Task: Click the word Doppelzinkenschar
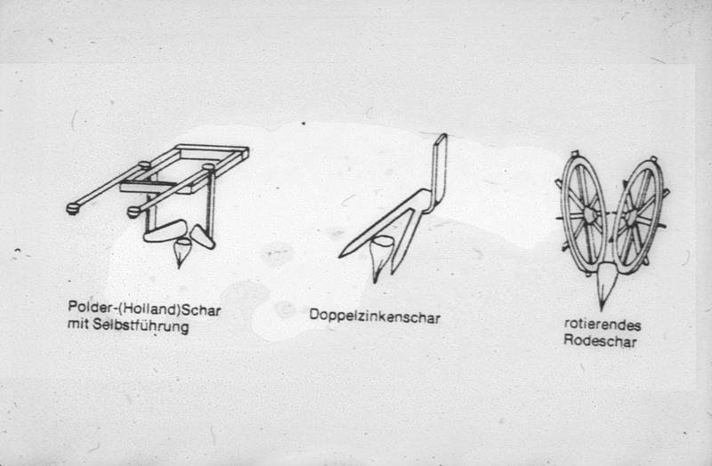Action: coord(375,317)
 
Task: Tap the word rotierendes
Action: coord(603,325)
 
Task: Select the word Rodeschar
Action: coord(600,341)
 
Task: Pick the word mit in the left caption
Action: coord(78,324)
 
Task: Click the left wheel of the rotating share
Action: coord(583,213)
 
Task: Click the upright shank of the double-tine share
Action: coord(438,170)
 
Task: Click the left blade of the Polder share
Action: coord(165,231)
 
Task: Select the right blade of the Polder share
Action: coord(203,237)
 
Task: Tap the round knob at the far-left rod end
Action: coord(72,209)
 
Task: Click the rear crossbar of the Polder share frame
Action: coord(212,149)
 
